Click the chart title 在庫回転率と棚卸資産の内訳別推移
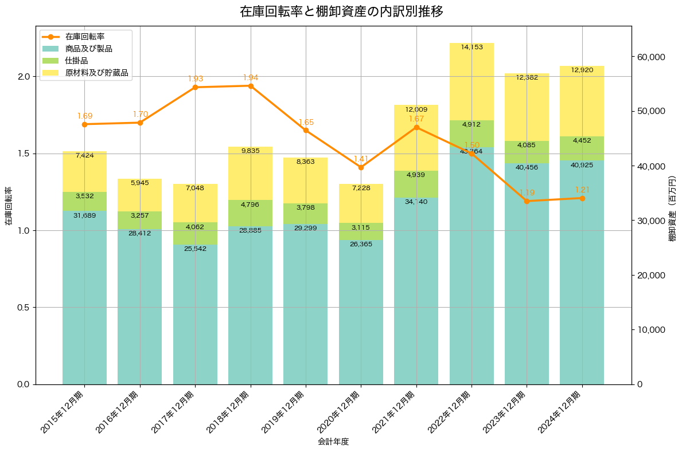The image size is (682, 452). coord(341,11)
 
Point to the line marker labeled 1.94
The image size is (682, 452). coord(251,86)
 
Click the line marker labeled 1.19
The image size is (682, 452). coord(527,201)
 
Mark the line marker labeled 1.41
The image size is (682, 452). coord(361,167)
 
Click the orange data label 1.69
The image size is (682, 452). coord(85,116)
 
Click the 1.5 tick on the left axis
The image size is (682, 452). coord(24,154)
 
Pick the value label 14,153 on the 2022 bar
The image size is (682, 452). coord(471,48)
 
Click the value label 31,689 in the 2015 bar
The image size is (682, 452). coord(85,215)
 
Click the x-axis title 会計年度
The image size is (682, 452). coord(333,442)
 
